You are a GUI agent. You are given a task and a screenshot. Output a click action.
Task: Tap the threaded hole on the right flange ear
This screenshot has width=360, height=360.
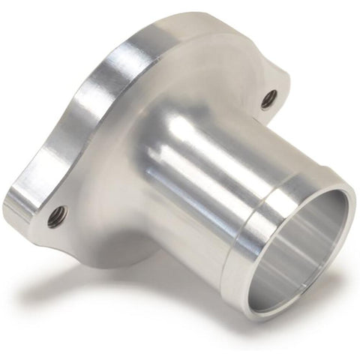click(268, 98)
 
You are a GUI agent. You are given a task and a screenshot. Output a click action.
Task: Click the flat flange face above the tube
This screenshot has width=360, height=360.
click(195, 60)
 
